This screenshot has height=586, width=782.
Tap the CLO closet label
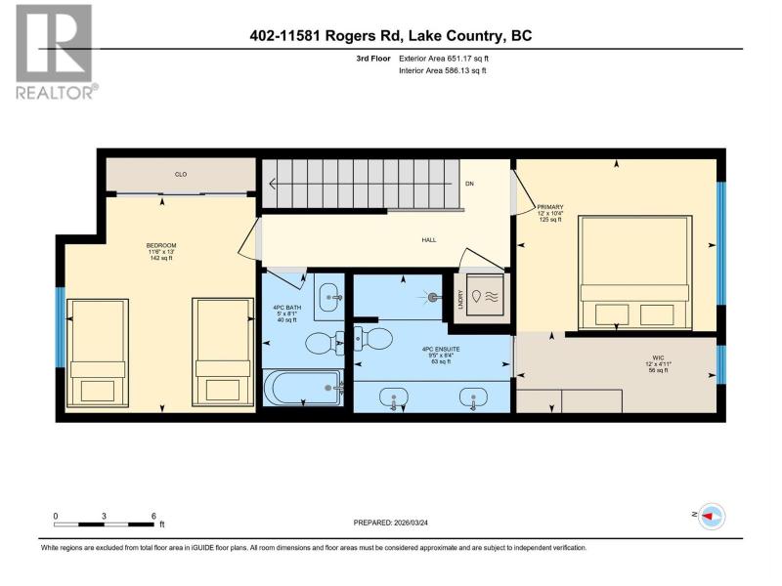pyautogui.click(x=181, y=175)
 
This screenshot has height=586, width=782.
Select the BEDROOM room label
pyautogui.click(x=161, y=246)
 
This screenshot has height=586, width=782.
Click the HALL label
pyautogui.click(x=429, y=240)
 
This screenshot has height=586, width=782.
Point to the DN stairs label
pyautogui.click(x=469, y=184)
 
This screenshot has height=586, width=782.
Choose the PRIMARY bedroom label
pyautogui.click(x=550, y=207)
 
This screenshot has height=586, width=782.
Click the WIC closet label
pyautogui.click(x=658, y=358)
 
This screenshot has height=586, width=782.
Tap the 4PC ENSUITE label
pyautogui.click(x=441, y=350)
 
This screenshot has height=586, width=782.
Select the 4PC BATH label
pyautogui.click(x=287, y=308)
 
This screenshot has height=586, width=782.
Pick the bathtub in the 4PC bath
pyautogui.click(x=303, y=388)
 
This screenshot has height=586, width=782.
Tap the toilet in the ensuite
pyautogui.click(x=373, y=338)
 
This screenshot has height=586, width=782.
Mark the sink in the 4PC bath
pyautogui.click(x=329, y=297)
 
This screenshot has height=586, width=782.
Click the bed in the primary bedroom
pyautogui.click(x=634, y=272)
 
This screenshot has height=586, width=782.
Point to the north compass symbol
pyautogui.click(x=711, y=517)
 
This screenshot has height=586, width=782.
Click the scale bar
pyautogui.click(x=104, y=524)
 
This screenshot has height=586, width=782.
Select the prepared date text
pyautogui.click(x=390, y=523)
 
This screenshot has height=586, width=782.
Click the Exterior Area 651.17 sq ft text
pyautogui.click(x=444, y=59)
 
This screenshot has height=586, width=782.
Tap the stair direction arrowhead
pyautogui.click(x=273, y=184)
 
